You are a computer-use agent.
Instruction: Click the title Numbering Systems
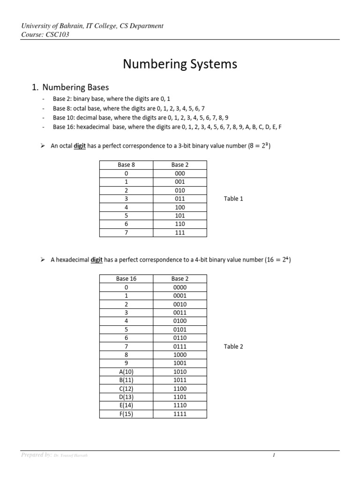coord(180,64)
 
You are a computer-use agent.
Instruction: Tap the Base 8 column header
coord(126,165)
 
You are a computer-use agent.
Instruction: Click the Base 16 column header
coord(126,278)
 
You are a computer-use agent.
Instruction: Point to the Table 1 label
coord(233,199)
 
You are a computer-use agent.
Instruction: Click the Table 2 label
coord(233,346)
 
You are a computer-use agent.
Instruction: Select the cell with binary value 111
coord(180,232)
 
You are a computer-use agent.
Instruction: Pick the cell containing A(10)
coord(126,372)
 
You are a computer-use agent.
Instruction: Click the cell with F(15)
coord(126,414)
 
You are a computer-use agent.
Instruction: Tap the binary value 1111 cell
coord(180,414)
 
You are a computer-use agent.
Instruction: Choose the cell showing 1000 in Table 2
coord(180,355)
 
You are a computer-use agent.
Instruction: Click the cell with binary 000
coord(180,173)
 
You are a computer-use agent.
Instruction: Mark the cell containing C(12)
coord(126,389)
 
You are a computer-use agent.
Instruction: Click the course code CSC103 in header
coord(58,34)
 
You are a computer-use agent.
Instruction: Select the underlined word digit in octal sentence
coord(80,146)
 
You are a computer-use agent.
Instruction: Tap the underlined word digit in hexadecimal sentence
coord(97,260)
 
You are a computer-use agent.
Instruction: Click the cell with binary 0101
coord(180,330)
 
